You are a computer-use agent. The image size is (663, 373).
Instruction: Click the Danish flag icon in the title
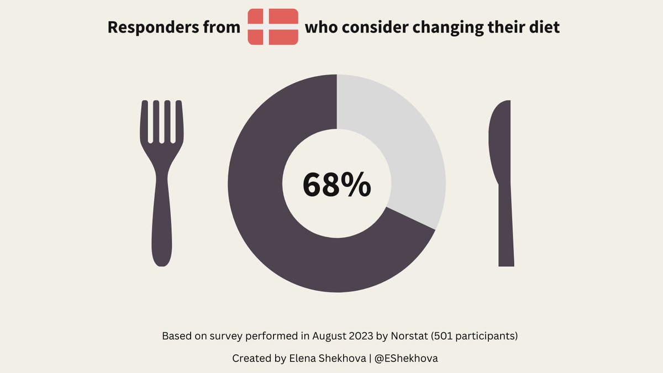pyautogui.click(x=273, y=27)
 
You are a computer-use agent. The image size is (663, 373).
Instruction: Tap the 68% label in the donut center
pyautogui.click(x=336, y=185)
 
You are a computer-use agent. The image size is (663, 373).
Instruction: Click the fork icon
pyautogui.click(x=161, y=182)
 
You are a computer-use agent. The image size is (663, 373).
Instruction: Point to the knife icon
pyautogui.click(x=503, y=182)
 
